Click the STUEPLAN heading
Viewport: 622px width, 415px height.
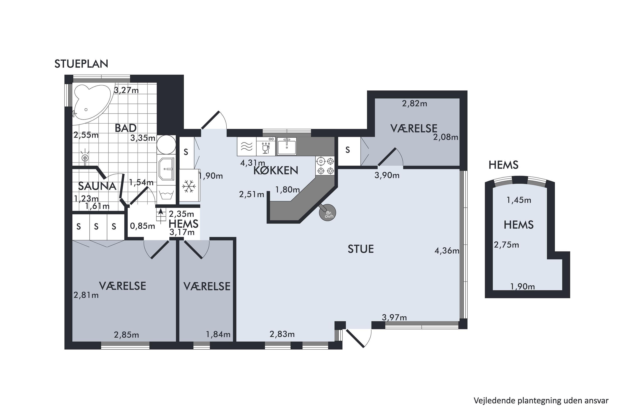pyautogui.click(x=81, y=64)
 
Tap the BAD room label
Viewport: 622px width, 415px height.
pyautogui.click(x=126, y=128)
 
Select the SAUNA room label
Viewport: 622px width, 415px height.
pyautogui.click(x=97, y=186)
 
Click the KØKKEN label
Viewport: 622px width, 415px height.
pyautogui.click(x=276, y=170)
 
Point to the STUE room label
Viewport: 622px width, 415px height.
pyautogui.click(x=361, y=249)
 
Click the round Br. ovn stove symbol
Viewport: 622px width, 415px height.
pyautogui.click(x=327, y=212)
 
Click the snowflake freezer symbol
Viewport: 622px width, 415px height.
pyautogui.click(x=189, y=186)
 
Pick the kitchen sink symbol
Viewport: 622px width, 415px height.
pyautogui.click(x=287, y=146)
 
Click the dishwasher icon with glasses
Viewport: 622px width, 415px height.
pyautogui.click(x=266, y=146)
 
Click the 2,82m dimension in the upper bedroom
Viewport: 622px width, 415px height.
pyautogui.click(x=415, y=104)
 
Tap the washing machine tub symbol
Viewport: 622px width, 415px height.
pyautogui.click(x=165, y=195)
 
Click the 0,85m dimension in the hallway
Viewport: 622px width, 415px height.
pyautogui.click(x=143, y=226)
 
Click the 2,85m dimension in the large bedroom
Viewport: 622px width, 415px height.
pyautogui.click(x=126, y=335)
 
